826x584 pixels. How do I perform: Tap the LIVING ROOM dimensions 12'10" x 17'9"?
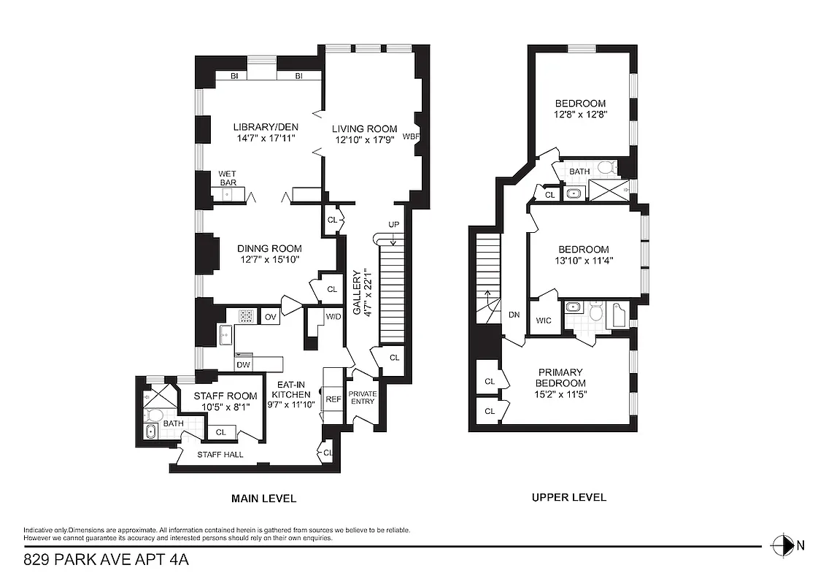(x=365, y=140)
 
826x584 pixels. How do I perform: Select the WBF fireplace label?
(x=411, y=137)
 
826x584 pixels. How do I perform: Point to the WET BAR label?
(x=228, y=177)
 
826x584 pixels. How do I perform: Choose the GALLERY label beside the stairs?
(x=357, y=293)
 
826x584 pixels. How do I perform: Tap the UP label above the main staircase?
(x=393, y=223)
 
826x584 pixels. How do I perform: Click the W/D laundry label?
(x=333, y=316)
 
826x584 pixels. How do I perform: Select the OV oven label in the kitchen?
(x=270, y=316)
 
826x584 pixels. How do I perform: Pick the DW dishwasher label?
(x=243, y=365)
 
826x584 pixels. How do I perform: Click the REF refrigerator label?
(x=333, y=399)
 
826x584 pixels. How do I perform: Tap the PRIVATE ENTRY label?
(x=363, y=398)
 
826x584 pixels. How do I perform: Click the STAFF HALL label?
(x=220, y=455)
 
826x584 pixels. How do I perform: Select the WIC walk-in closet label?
(x=543, y=320)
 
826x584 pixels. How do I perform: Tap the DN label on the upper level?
(x=514, y=315)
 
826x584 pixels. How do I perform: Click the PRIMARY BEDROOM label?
(x=560, y=377)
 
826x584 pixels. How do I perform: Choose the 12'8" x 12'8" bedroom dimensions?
(x=581, y=115)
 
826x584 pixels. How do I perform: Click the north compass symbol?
(x=782, y=545)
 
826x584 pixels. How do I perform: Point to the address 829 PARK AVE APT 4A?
(x=107, y=561)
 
